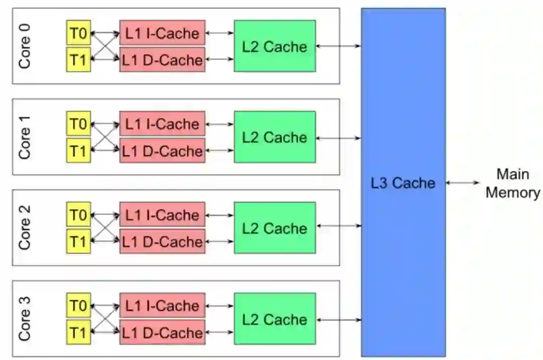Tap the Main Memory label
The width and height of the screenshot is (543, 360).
[x=513, y=184]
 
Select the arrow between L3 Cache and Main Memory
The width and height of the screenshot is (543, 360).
[x=463, y=183]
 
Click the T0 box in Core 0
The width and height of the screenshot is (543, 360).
[x=78, y=33]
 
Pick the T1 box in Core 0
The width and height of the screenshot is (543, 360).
[x=78, y=60]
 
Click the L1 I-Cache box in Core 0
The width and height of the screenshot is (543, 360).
[x=162, y=33]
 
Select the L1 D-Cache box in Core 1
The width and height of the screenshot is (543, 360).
[x=162, y=151]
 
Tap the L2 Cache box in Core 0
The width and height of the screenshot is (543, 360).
[x=275, y=46]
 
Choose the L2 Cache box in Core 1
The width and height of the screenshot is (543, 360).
[x=275, y=137]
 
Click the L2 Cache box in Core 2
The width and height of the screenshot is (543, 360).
[x=275, y=228]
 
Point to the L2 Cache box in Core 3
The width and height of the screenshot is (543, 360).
[x=275, y=319]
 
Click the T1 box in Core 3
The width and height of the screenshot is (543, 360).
[x=78, y=332]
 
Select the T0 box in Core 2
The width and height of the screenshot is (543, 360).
[x=78, y=215]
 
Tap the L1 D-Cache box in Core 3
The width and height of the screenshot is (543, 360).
[x=162, y=332]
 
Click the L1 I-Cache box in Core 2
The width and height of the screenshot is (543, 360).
[x=162, y=215]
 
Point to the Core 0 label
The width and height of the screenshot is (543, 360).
[x=24, y=46]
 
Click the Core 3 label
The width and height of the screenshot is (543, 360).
[x=24, y=319]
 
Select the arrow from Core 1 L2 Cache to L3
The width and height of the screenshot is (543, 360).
[x=338, y=137]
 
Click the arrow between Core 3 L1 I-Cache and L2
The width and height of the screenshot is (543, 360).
[x=220, y=306]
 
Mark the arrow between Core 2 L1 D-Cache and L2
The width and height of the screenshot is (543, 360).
[x=220, y=242]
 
